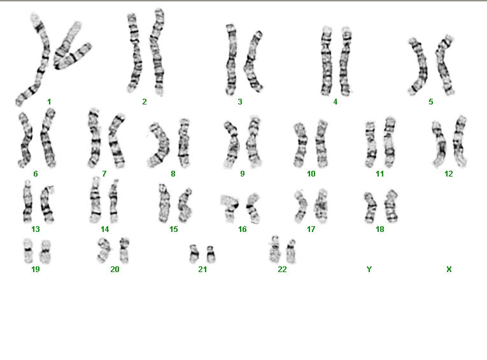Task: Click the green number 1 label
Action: pyautogui.click(x=49, y=102)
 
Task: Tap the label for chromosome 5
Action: pyautogui.click(x=431, y=102)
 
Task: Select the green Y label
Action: pyautogui.click(x=369, y=270)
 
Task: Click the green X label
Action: pyautogui.click(x=449, y=270)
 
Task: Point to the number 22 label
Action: pyautogui.click(x=282, y=270)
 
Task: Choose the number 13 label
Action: pyautogui.click(x=36, y=229)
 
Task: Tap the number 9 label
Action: pyautogui.click(x=243, y=173)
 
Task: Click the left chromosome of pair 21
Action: pyautogui.click(x=194, y=254)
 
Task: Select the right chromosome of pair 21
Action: pyautogui.click(x=211, y=254)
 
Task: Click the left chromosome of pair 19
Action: pyautogui.click(x=28, y=250)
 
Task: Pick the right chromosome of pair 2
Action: pyautogui.click(x=157, y=52)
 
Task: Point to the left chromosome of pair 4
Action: pyautogui.click(x=327, y=61)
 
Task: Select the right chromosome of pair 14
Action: pyautogui.click(x=114, y=201)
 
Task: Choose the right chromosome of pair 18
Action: pyautogui.click(x=391, y=206)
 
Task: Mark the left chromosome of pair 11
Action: pyautogui.click(x=371, y=145)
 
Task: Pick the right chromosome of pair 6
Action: pyautogui.click(x=48, y=138)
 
